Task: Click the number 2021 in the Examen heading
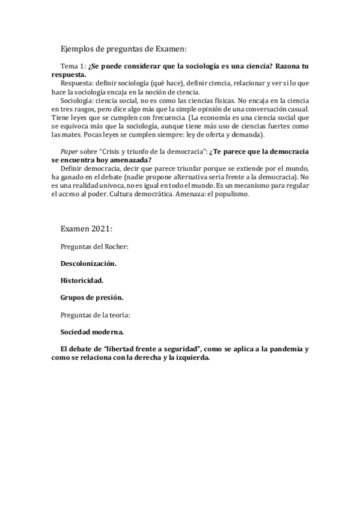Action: (x=100, y=229)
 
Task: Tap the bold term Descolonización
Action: (x=88, y=263)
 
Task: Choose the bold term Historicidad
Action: (x=82, y=280)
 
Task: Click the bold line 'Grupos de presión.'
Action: (x=91, y=297)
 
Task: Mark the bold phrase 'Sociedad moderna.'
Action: (x=92, y=331)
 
